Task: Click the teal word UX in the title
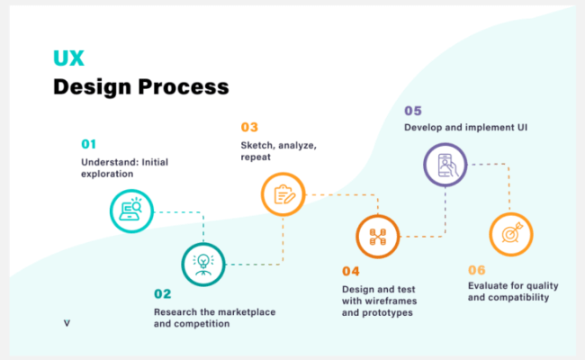[x=67, y=58]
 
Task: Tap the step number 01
[x=88, y=143]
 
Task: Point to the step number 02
[x=162, y=293]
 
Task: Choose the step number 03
[x=249, y=127]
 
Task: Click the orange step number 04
[x=351, y=270]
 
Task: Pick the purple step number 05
[x=413, y=111]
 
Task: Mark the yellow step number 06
[x=478, y=269]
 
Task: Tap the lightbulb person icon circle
[x=202, y=263]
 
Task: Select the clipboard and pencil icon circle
[x=283, y=193]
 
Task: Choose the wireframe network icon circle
[x=377, y=237]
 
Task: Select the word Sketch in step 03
[x=257, y=145]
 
